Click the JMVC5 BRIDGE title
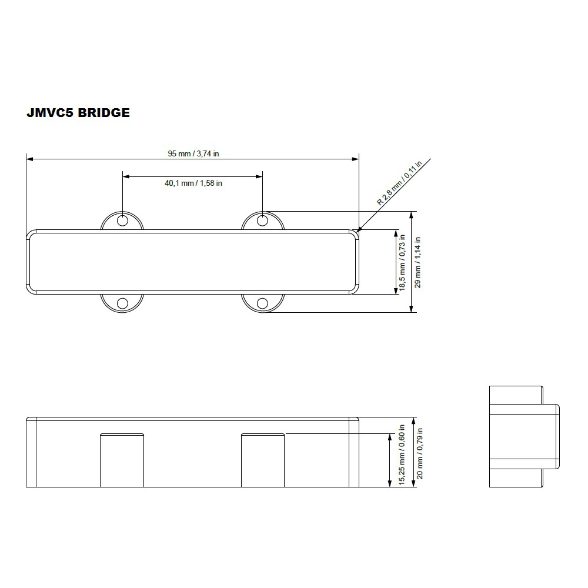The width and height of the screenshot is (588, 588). click(78, 112)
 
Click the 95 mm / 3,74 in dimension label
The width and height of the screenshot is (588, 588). click(193, 153)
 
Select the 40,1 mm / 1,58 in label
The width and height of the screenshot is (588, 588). click(193, 183)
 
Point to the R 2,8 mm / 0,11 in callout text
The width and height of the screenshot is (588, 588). click(399, 183)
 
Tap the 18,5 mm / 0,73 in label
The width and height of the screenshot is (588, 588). click(402, 262)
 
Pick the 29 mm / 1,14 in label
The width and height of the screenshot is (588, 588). click(417, 262)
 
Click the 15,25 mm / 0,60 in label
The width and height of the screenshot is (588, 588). click(402, 455)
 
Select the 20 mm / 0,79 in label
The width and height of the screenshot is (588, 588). click(420, 453)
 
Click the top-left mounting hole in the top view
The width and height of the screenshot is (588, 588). click(123, 220)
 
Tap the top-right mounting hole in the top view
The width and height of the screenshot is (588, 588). click(262, 220)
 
